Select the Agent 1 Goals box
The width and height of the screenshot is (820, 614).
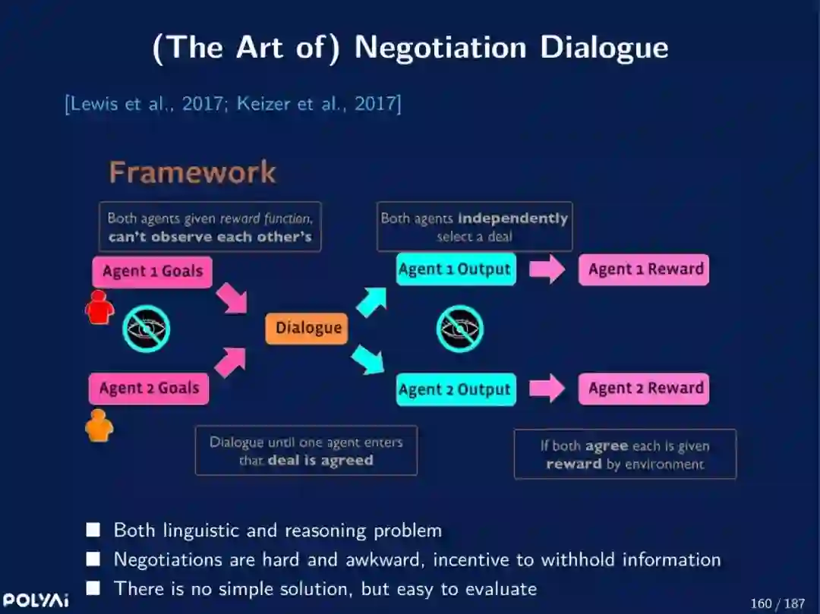tap(152, 272)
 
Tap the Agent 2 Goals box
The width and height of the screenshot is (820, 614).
tap(149, 388)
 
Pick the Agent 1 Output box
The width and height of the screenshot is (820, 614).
tap(456, 269)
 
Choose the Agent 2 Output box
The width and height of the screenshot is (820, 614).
tap(455, 389)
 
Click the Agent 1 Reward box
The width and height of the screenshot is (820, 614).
tap(644, 269)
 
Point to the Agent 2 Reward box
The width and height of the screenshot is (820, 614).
tap(644, 388)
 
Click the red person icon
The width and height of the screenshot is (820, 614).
tap(99, 308)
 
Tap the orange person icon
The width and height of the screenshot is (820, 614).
tap(99, 426)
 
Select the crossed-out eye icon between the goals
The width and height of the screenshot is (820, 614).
tap(147, 329)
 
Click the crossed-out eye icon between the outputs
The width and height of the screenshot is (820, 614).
tap(459, 329)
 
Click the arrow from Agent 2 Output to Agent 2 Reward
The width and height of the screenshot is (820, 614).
tap(547, 389)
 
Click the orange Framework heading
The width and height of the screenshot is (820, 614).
tap(192, 172)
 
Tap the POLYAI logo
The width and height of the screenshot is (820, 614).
tap(36, 600)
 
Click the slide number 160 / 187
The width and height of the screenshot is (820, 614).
tap(777, 603)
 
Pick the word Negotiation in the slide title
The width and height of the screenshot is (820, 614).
tap(440, 47)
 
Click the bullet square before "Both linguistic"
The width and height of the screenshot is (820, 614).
tap(93, 530)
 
